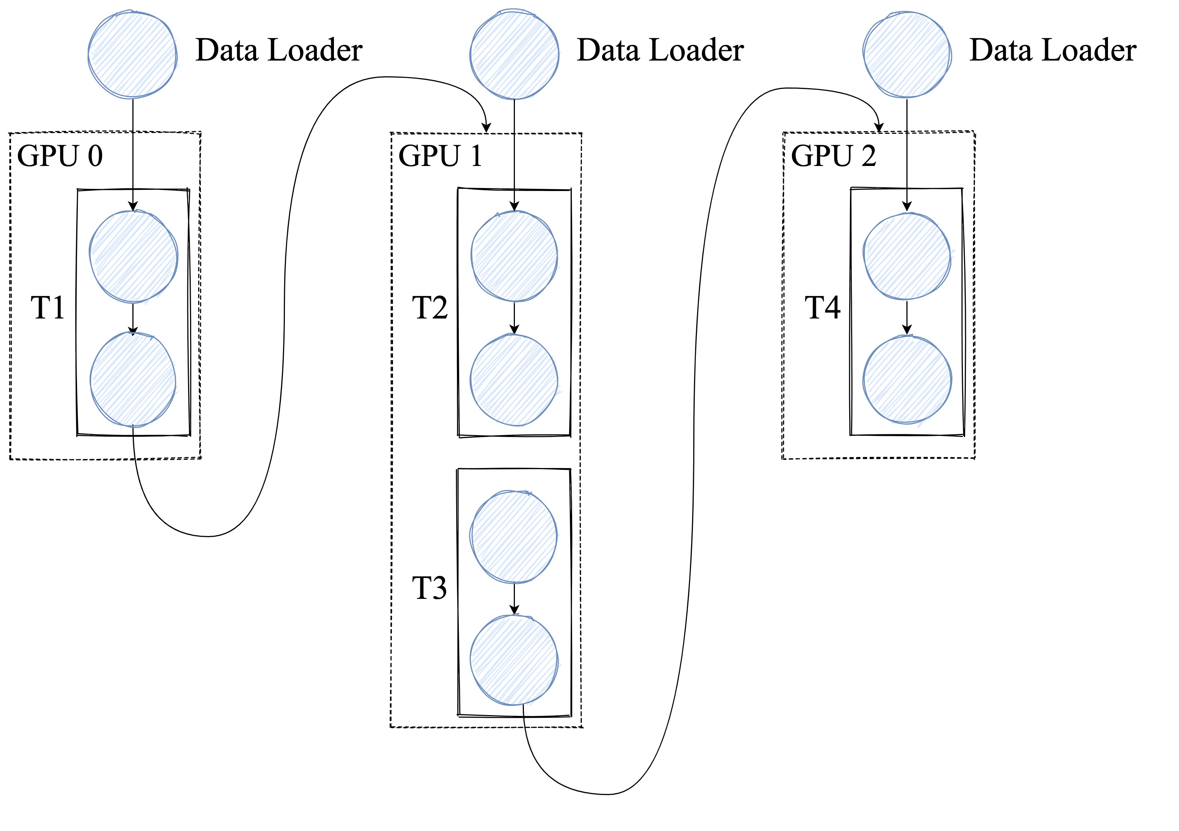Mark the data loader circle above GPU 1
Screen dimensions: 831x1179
pyautogui.click(x=515, y=55)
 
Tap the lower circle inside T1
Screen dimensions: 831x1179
pyautogui.click(x=133, y=380)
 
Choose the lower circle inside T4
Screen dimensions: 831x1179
pyautogui.click(x=907, y=380)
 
